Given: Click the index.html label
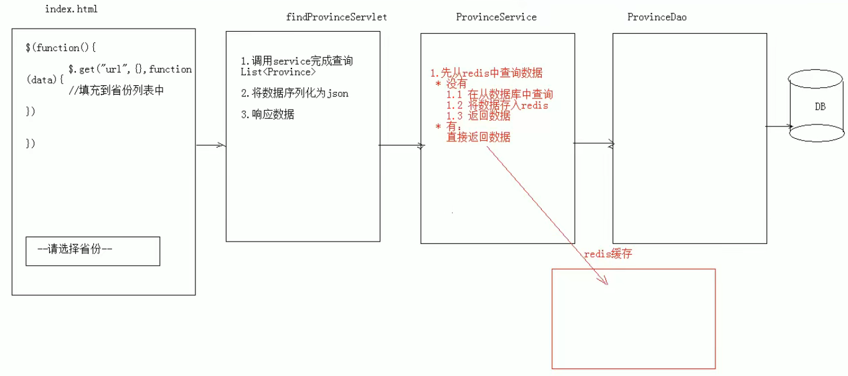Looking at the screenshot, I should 72,10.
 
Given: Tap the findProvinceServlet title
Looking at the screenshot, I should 336,17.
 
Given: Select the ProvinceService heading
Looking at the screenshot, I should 496,17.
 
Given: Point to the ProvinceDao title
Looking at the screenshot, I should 657,17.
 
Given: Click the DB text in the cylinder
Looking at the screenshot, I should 820,107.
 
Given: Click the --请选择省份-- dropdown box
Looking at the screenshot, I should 93,250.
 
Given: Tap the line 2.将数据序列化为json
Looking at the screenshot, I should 294,93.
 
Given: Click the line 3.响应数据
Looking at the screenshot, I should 268,115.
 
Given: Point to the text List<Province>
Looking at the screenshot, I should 278,72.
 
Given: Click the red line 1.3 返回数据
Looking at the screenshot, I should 478,116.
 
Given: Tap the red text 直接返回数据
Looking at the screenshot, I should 478,137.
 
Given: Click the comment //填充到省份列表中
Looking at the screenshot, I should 116,90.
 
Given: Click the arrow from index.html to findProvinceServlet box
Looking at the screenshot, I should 210,146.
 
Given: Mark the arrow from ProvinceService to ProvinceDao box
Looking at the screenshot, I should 593,144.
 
